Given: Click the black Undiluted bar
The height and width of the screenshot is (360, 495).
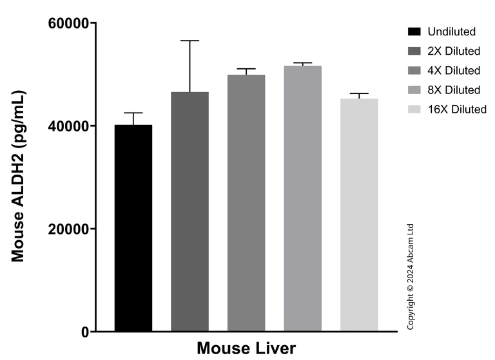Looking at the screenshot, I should (133, 229).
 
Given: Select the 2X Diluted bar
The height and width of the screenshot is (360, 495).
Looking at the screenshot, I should (189, 212).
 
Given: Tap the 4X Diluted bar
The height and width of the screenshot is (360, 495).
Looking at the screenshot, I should (246, 204).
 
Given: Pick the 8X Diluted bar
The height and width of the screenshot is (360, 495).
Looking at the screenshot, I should (302, 199).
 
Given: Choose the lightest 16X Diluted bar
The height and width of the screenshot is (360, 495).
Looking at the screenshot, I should (359, 215).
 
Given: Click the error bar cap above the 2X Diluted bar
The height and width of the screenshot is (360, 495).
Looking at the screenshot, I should (189, 41).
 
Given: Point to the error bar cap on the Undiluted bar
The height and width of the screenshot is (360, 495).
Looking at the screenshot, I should (133, 113).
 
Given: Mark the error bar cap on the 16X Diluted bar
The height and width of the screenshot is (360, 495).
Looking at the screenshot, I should (359, 93).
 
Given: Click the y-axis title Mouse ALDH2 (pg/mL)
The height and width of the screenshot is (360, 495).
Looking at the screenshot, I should (18, 177).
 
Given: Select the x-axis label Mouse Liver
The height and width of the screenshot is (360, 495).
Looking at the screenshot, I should (246, 348).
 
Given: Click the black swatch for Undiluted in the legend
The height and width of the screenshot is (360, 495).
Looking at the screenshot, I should (414, 32).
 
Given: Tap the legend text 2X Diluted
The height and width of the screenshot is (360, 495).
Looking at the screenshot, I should (454, 51).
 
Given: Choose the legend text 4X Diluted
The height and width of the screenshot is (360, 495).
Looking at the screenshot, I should (454, 70).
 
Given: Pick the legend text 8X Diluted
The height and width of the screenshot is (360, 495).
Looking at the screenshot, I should (454, 90).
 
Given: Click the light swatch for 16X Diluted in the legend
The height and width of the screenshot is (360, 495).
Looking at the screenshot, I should (414, 109).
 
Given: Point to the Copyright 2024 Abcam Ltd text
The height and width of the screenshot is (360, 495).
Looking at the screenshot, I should (411, 277).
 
